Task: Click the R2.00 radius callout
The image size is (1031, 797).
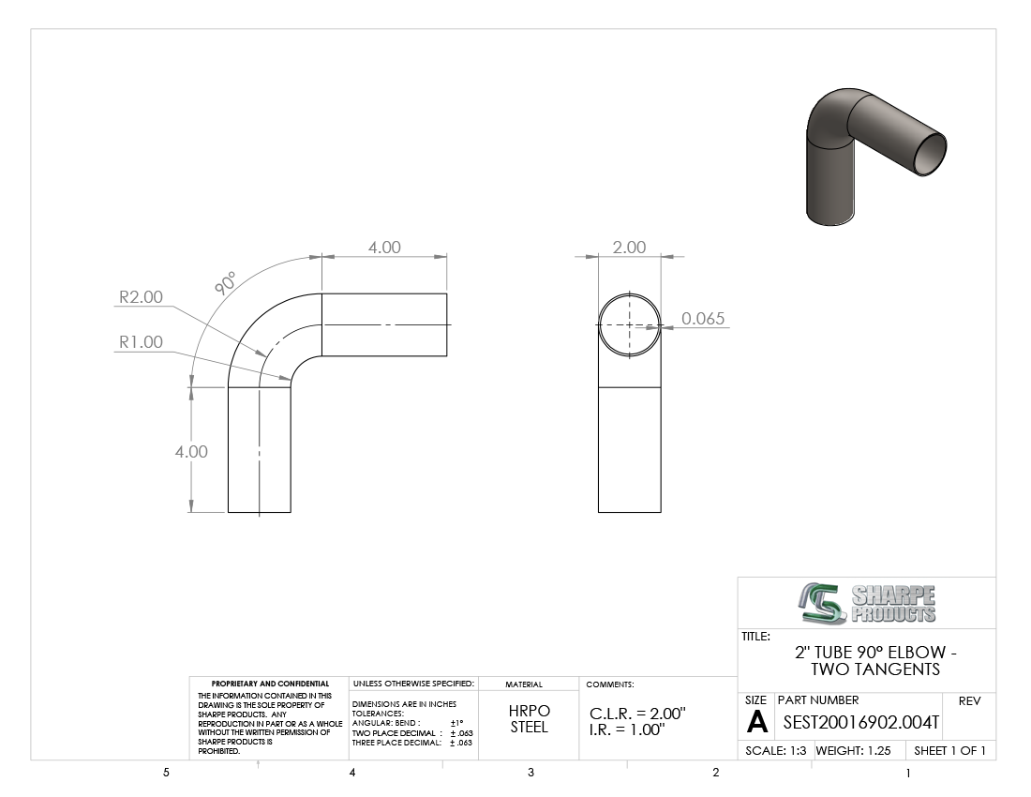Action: pos(141,297)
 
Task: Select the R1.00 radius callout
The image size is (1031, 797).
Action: pos(141,342)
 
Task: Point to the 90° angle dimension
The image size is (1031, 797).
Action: pos(225,283)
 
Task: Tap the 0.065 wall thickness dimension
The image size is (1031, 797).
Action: pos(703,318)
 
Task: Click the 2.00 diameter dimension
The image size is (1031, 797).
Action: pos(629,248)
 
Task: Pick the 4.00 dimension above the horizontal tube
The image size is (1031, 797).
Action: pos(384,248)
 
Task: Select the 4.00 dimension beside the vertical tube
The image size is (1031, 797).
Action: pos(191,452)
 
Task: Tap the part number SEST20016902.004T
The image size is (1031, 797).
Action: pos(861,723)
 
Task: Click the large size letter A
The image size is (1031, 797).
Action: pos(757,722)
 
